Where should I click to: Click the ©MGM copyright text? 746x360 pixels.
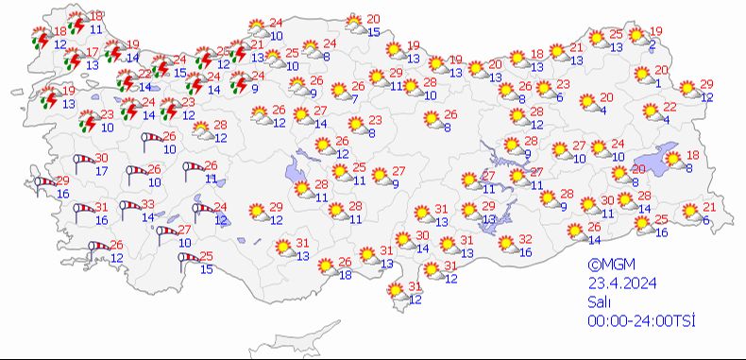[x=609, y=266]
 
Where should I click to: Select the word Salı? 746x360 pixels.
[x=597, y=302]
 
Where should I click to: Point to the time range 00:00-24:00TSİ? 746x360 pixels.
[x=641, y=321]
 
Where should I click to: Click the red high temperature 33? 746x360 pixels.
[x=148, y=205]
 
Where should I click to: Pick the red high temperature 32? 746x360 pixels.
[x=526, y=240]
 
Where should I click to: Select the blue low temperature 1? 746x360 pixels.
[x=658, y=82]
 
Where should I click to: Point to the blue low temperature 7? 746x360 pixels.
[x=354, y=98]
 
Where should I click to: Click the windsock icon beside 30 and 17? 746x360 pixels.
[x=82, y=164]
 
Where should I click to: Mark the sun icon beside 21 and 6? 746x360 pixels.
[x=689, y=213]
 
